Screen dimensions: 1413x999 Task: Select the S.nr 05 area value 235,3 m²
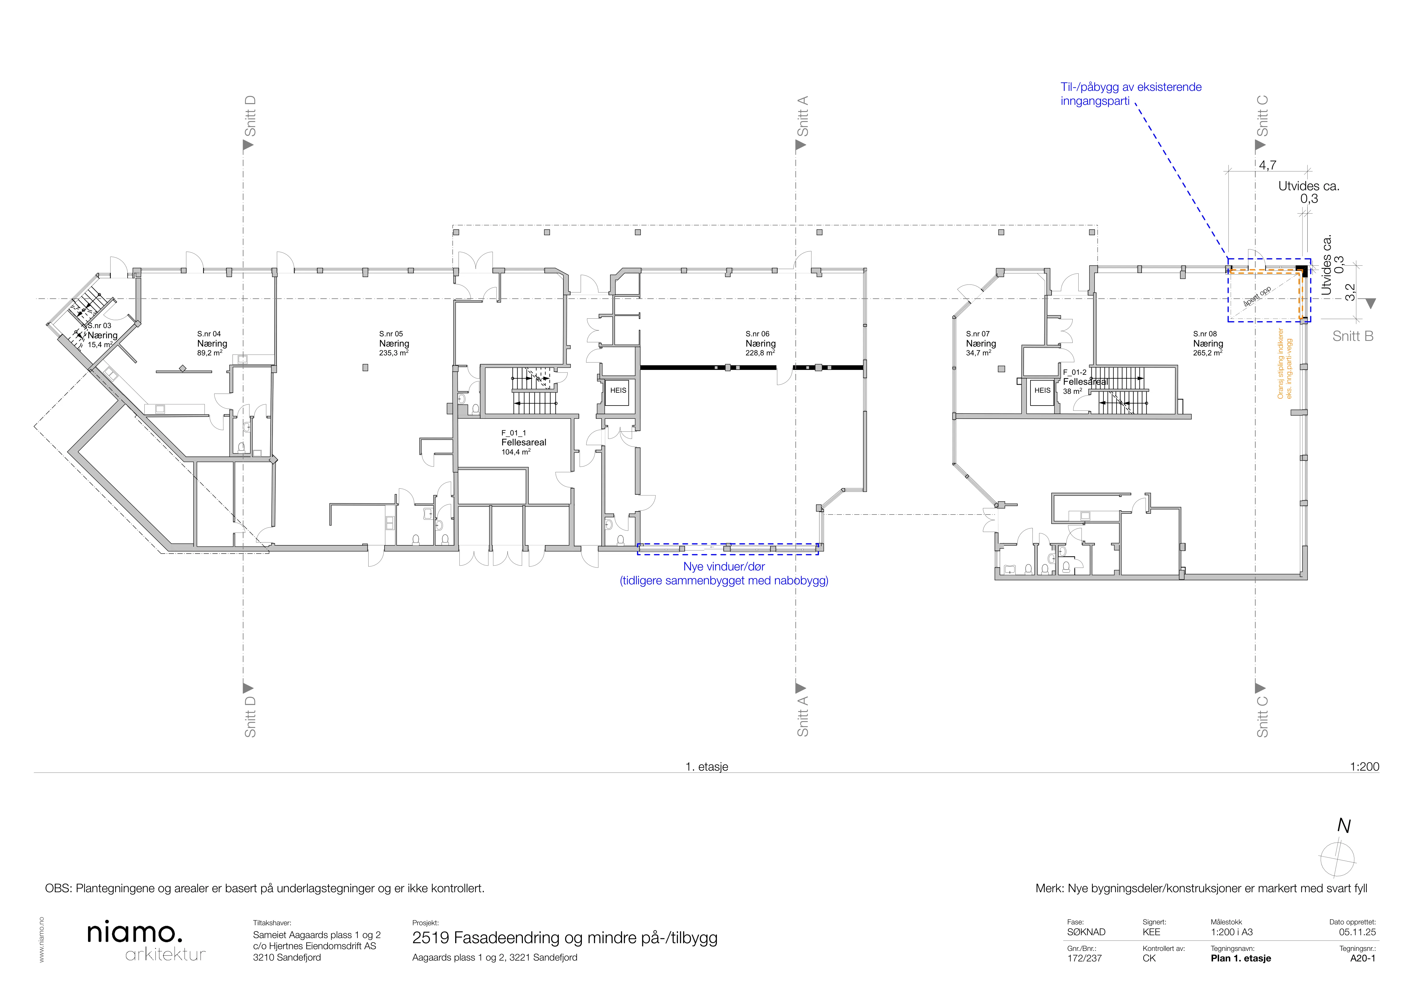(x=394, y=353)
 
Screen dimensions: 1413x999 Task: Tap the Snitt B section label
(x=1353, y=336)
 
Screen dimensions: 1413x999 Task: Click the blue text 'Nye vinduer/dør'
(x=724, y=566)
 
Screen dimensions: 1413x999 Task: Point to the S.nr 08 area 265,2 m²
(x=1207, y=353)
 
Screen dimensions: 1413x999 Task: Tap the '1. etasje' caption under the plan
(x=706, y=766)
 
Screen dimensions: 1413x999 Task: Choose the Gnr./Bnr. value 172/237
(x=1084, y=958)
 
